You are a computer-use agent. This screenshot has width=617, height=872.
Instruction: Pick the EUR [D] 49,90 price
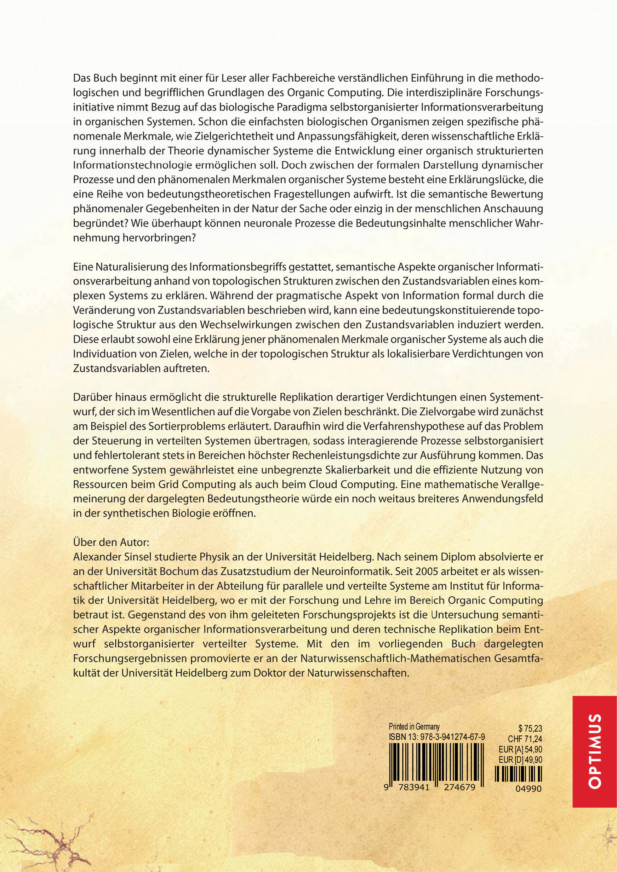coord(520,760)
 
